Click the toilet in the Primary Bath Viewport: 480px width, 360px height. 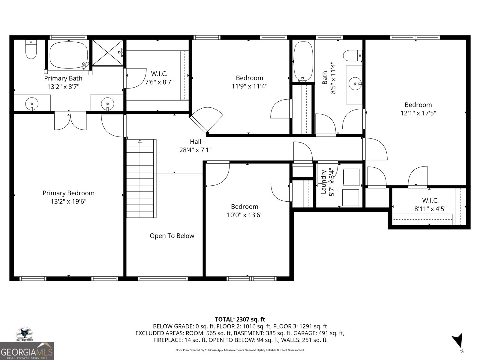[31, 49]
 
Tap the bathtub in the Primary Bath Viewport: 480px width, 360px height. [69, 55]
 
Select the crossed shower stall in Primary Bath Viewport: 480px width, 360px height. [108, 52]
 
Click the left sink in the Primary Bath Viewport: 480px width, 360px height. [32, 103]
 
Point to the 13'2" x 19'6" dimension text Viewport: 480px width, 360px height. [69, 201]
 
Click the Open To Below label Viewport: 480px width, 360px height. [172, 235]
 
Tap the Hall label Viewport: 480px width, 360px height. [196, 142]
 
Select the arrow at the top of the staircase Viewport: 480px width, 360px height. [140, 141]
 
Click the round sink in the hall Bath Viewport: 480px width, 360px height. [355, 83]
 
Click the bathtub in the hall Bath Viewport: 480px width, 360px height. [303, 61]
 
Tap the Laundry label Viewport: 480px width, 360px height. [324, 182]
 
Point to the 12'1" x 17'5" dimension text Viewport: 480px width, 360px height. [418, 113]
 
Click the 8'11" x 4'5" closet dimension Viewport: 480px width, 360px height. [430, 209]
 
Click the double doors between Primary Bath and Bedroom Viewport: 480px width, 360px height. [70, 121]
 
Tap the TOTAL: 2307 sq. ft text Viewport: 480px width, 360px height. [240, 319]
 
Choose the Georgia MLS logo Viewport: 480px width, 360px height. [27, 351]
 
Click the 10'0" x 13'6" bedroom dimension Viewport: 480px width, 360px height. [244, 215]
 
